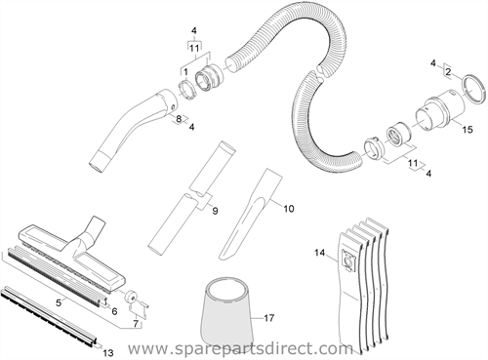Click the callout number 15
468,130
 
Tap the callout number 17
269,318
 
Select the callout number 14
320,252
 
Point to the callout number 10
289,208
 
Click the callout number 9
215,211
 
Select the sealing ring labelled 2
472,89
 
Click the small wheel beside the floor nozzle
132,298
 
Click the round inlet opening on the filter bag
348,260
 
